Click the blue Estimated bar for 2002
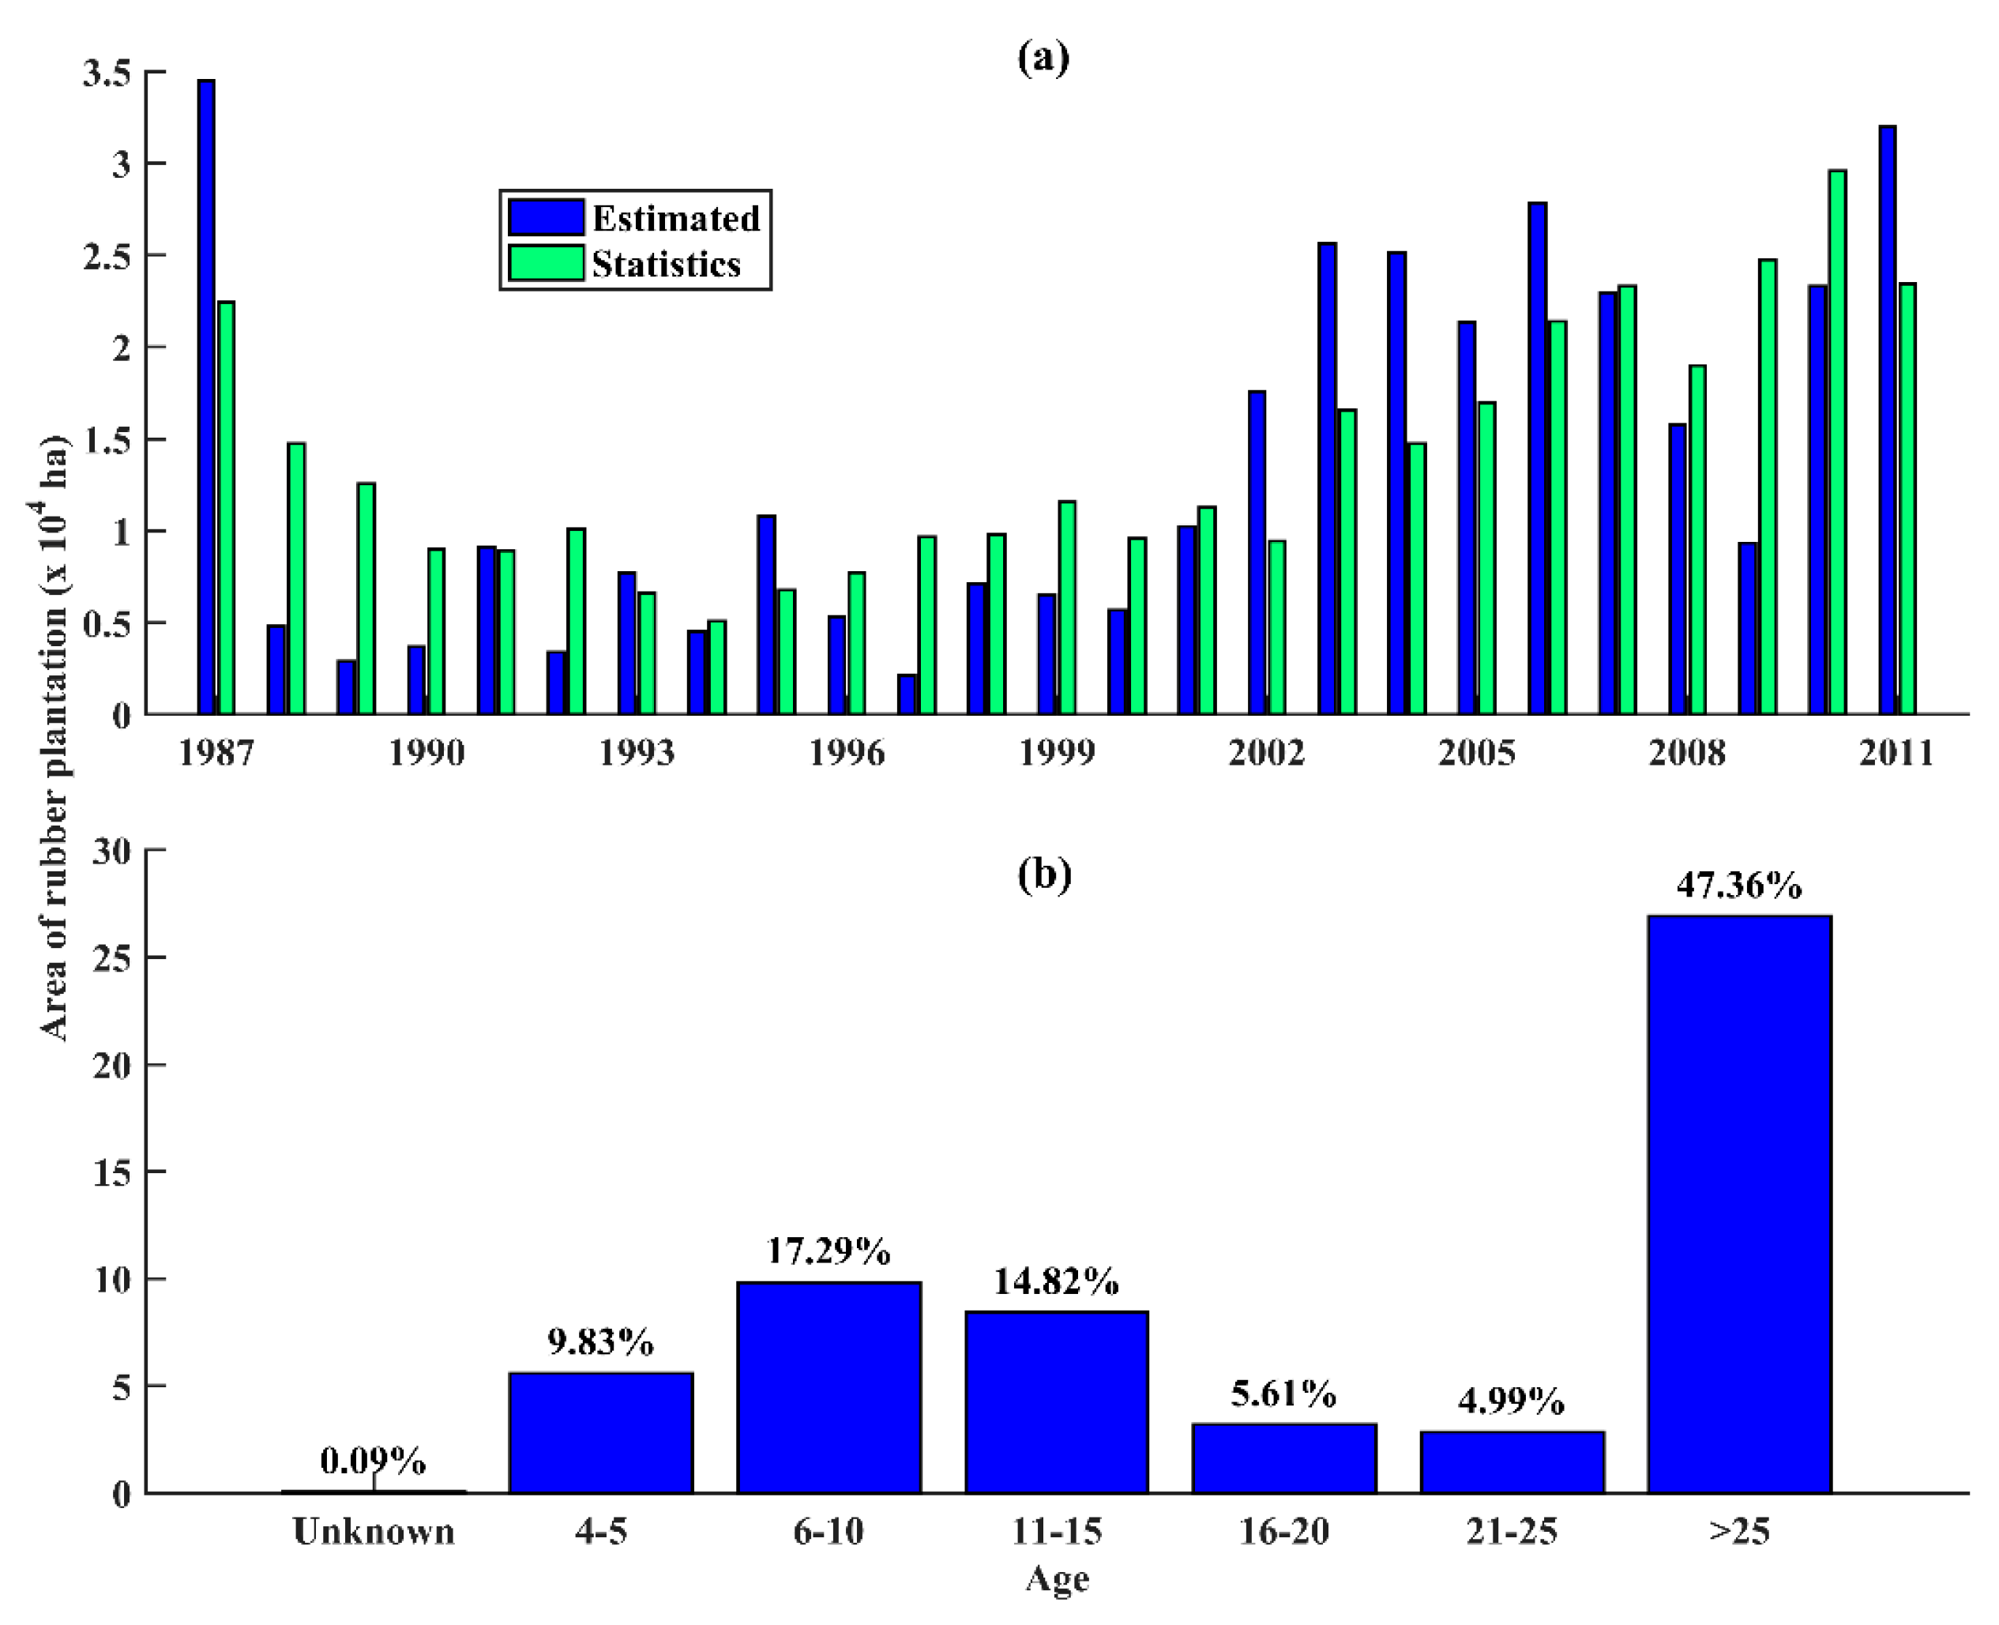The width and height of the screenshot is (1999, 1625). pyautogui.click(x=1257, y=552)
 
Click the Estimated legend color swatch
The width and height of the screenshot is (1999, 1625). pyautogui.click(x=546, y=217)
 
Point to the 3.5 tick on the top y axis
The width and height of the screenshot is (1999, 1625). pyautogui.click(x=107, y=73)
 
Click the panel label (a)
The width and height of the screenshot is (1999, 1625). pyautogui.click(x=1043, y=58)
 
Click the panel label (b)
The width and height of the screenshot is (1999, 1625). pyautogui.click(x=1043, y=875)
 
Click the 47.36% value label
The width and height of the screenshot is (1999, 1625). pyautogui.click(x=1739, y=885)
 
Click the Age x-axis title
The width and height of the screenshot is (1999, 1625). pyautogui.click(x=1057, y=1579)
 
